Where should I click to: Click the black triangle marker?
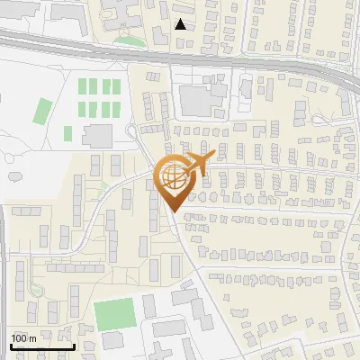pyautogui.click(x=181, y=24)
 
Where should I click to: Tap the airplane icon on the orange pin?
pyautogui.click(x=198, y=163)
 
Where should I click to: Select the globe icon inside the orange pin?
pyautogui.click(x=173, y=177)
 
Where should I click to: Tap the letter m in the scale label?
pyautogui.click(x=32, y=338)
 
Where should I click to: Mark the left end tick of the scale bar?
pyautogui.click(x=11, y=346)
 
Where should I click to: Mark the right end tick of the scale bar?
pyautogui.click(x=73, y=346)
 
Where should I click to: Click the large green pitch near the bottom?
pyautogui.click(x=114, y=313)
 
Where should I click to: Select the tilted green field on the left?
pyautogui.click(x=42, y=111)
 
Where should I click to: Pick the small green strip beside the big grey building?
pyautogui.click(x=68, y=133)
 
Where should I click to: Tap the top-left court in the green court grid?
pyautogui.click(x=84, y=87)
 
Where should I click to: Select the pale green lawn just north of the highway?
pyautogui.click(x=129, y=40)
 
